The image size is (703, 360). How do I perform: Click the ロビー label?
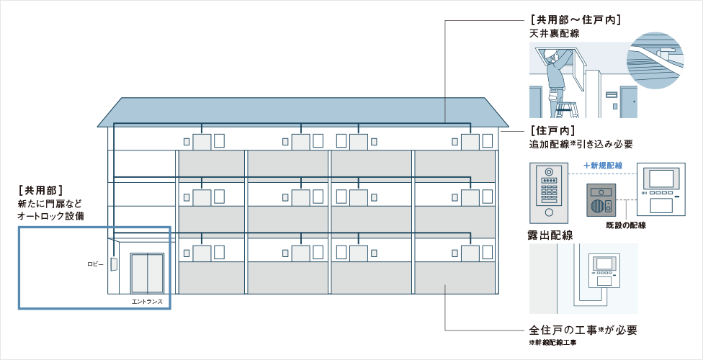pos(95,264)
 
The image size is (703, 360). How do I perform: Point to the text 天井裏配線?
pos(555,33)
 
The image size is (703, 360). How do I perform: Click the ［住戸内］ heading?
pos(552,130)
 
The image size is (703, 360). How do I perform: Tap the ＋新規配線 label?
pos(604,166)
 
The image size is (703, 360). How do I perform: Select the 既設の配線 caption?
pos(626,225)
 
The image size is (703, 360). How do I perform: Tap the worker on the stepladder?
pos(556,76)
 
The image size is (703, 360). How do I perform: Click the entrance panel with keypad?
pos(547,193)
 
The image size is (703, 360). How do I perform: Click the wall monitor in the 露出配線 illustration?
pos(605,271)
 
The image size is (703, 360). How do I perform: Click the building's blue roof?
pos(303,112)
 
